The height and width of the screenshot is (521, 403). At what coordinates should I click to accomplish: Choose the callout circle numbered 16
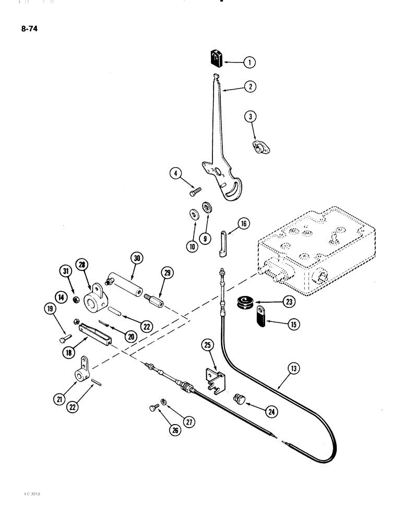pos(243,225)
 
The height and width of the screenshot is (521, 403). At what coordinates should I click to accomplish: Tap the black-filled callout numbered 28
pos(81,265)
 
